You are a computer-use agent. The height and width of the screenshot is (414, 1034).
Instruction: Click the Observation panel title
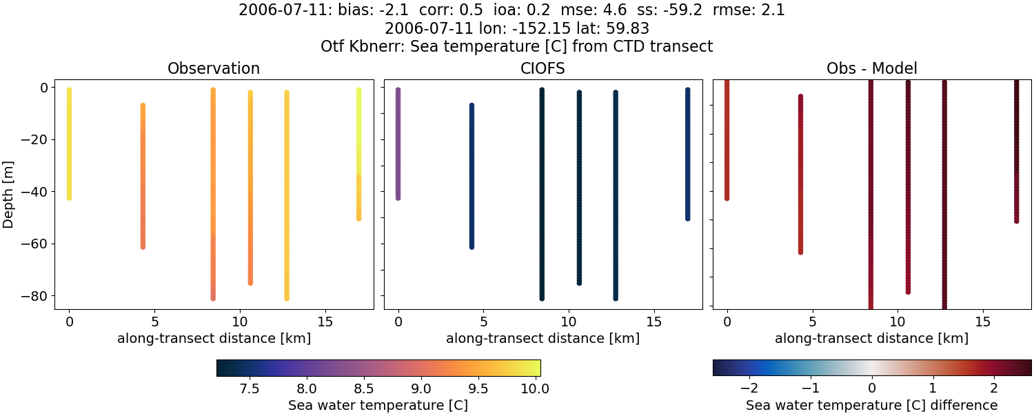coord(214,69)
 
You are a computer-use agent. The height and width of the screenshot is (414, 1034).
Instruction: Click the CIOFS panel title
coord(543,69)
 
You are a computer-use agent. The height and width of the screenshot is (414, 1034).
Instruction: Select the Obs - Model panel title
coord(871,69)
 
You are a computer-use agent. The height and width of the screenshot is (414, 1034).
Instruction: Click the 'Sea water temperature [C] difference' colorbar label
coord(871,405)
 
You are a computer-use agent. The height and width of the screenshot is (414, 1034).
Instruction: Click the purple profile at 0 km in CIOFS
coord(398,145)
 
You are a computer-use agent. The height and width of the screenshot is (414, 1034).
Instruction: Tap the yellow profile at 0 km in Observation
coord(69,145)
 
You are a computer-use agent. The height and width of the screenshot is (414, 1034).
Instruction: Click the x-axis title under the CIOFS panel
coord(543,339)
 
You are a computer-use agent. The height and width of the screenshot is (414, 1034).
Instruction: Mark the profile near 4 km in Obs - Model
coord(800,172)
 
